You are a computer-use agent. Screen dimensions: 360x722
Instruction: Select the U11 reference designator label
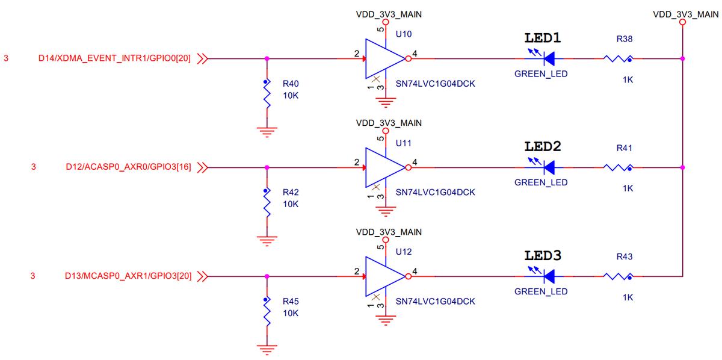point(404,143)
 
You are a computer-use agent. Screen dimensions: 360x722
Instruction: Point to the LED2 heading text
point(543,146)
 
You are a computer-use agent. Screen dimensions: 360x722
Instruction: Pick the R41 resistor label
point(625,147)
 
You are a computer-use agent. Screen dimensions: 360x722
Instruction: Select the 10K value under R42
point(291,204)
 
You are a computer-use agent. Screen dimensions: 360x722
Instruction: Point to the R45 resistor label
point(291,300)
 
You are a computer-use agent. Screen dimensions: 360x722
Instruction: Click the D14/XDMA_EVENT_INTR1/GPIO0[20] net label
point(115,59)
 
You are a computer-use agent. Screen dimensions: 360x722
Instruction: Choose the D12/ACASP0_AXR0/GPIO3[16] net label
point(129,167)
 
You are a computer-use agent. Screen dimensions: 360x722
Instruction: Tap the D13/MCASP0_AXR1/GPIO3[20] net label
point(128,276)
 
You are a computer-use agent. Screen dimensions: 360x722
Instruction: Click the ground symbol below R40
point(266,130)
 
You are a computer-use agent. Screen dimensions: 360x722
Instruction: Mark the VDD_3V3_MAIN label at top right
point(685,14)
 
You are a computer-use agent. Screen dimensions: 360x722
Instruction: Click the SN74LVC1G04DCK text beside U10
point(435,84)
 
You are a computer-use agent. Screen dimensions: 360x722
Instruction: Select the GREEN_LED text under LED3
point(541,292)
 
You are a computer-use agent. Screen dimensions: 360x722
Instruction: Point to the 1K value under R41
point(628,188)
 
